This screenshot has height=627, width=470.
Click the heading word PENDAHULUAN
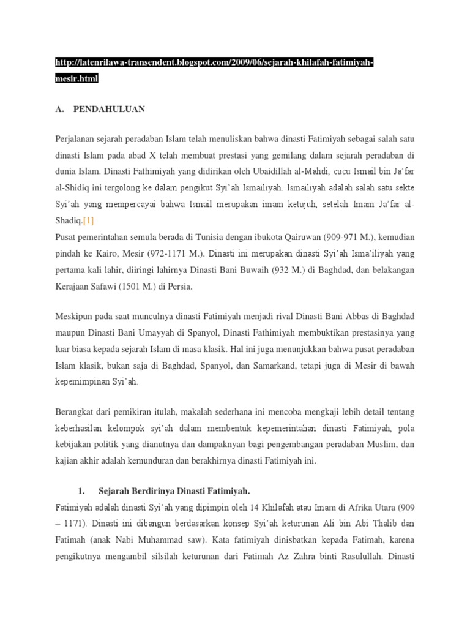[109, 110]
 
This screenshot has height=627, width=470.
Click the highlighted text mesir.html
[76, 79]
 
